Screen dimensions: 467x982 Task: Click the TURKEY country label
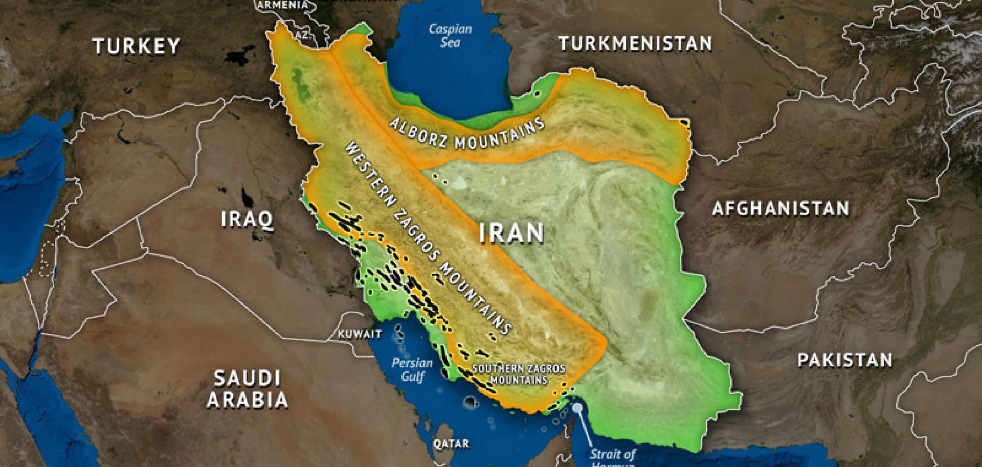137,46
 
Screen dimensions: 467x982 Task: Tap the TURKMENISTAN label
635,43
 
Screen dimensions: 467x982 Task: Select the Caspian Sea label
450,35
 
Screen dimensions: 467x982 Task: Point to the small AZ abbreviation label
302,35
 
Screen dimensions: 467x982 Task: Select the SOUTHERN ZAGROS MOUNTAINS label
519,374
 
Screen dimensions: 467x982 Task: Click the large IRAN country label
511,233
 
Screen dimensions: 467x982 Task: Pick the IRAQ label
247,219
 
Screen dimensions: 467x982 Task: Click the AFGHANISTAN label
780,208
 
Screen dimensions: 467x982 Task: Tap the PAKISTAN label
845,360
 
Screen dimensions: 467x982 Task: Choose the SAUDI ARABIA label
247,389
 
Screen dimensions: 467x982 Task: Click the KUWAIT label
360,334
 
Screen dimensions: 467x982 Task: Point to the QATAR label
451,443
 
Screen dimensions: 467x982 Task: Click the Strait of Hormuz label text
613,456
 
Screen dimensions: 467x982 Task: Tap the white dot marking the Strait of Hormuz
577,408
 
